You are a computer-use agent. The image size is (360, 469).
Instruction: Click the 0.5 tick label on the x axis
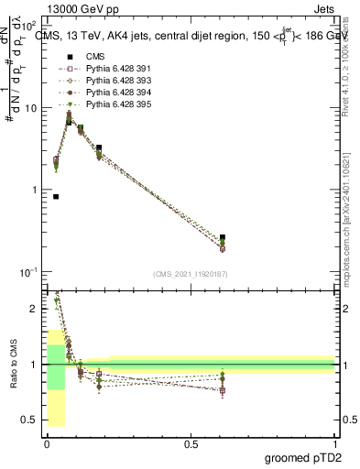click(x=191, y=444)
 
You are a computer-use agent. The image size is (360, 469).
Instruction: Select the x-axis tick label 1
click(x=334, y=444)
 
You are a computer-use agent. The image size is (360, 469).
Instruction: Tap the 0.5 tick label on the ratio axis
click(x=32, y=420)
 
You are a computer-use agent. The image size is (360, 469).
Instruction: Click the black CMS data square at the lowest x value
click(x=56, y=196)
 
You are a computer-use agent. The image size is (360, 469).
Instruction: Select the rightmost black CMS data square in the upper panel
click(x=224, y=237)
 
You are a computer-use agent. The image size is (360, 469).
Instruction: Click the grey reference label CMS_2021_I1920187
click(x=191, y=273)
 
